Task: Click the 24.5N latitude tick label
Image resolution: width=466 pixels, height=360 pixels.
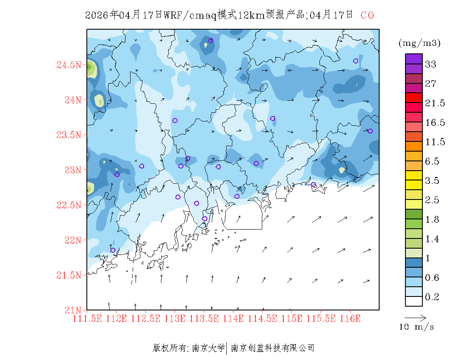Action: coord(69,65)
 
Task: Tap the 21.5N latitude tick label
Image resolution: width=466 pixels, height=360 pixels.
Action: coord(69,275)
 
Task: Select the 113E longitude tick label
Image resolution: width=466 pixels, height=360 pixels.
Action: coord(175,318)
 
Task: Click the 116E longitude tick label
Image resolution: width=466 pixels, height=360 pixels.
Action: coord(350,318)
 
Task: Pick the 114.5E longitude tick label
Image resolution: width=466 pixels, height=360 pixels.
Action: coord(263,318)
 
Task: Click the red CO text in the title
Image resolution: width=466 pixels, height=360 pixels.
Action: coord(367,15)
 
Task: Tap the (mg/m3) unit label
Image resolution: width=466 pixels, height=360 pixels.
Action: coord(419,43)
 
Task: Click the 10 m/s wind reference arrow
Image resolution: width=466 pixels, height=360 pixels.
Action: coord(415,317)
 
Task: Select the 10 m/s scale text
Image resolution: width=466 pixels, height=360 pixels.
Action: coord(417,327)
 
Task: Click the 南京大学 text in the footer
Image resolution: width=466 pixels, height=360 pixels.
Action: coord(208,348)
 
